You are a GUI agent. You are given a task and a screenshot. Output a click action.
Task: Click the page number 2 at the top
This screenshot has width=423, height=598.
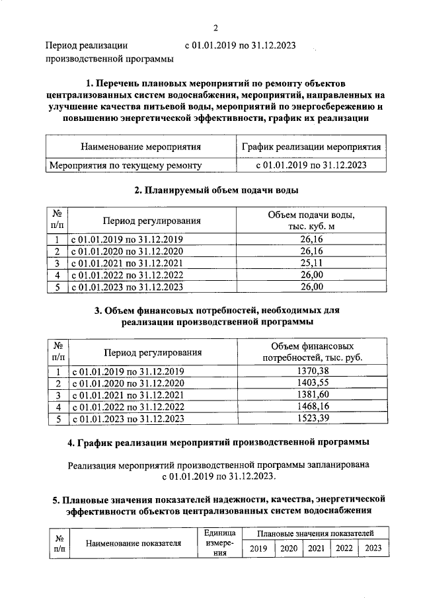coord(215,27)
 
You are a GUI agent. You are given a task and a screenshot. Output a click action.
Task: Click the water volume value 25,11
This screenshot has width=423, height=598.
coord(311,263)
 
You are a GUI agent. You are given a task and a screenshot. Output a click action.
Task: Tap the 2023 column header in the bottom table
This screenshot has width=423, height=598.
coord(373,548)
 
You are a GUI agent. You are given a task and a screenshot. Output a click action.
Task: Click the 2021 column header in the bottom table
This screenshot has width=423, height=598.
coord(316,548)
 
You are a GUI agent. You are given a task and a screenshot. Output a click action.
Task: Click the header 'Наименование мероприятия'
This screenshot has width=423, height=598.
coord(140,146)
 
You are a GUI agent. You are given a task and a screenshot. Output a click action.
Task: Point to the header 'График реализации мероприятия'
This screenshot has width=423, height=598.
coord(311,146)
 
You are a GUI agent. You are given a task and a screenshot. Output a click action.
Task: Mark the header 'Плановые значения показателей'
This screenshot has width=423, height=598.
coord(316,533)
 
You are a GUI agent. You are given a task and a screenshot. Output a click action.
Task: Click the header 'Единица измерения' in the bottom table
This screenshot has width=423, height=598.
coord(215,543)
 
